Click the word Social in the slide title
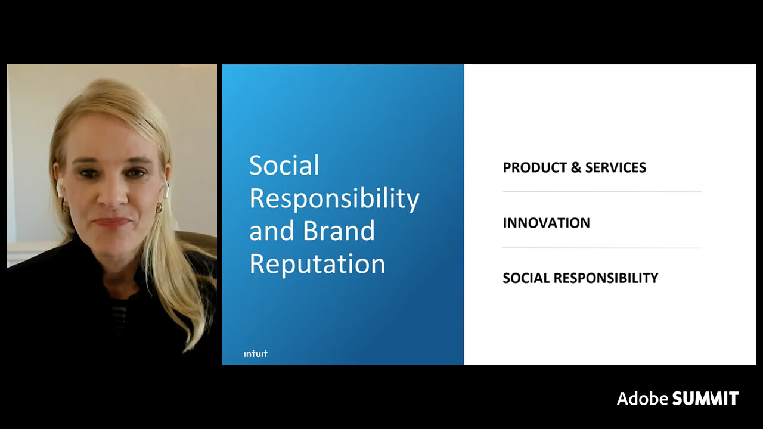[x=284, y=165]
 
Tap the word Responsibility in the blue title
[x=334, y=200]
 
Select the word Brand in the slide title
[x=339, y=231]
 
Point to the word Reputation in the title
[x=318, y=264]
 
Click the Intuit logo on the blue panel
[x=256, y=354]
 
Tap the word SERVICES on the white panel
[x=616, y=167]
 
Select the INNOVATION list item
[x=547, y=223]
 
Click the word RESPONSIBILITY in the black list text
[x=606, y=278]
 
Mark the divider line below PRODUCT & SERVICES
[x=602, y=192]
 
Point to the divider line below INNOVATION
[x=601, y=248]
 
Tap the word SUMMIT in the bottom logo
[x=705, y=399]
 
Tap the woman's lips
[x=111, y=222]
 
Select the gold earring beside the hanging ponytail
[x=159, y=208]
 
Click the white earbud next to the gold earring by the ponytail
[x=166, y=189]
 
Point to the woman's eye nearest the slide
[x=137, y=173]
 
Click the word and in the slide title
[x=271, y=231]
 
